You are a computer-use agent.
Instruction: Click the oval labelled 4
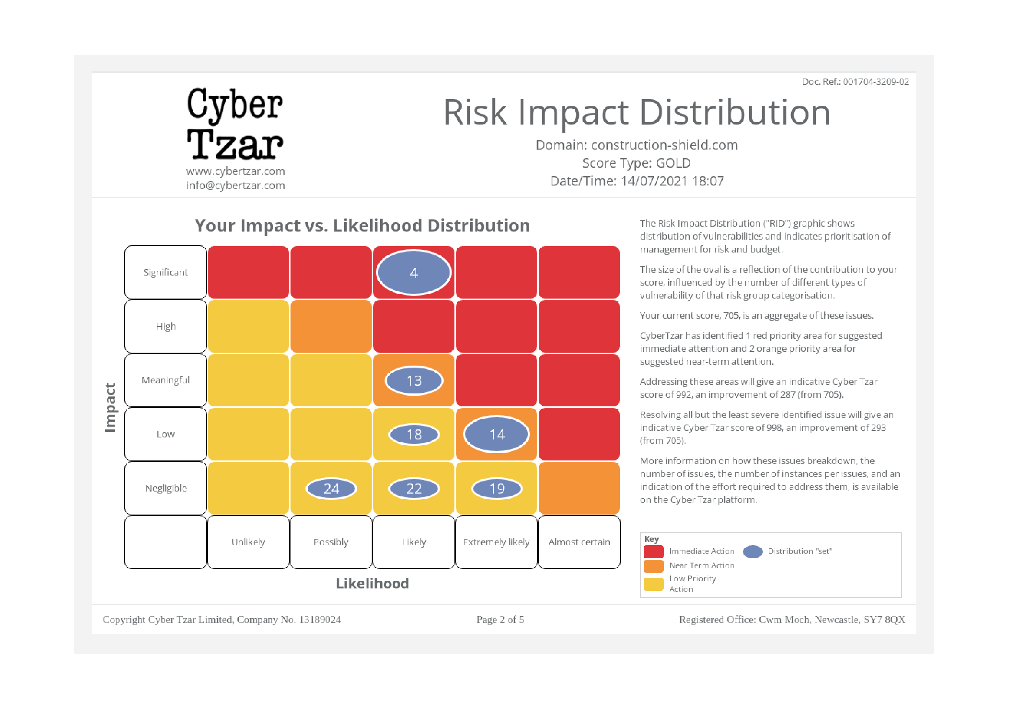coord(414,272)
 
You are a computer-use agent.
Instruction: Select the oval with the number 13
coord(414,381)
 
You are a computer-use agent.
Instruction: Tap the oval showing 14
coord(496,434)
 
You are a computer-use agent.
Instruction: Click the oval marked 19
coord(496,488)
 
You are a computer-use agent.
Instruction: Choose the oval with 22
coord(414,488)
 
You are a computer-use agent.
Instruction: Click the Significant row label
coord(166,272)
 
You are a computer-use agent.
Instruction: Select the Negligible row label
coord(166,488)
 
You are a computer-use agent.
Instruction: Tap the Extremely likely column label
coord(496,542)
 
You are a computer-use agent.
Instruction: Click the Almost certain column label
coord(579,542)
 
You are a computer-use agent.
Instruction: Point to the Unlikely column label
coord(248,542)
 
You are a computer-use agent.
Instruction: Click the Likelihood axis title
coord(372,583)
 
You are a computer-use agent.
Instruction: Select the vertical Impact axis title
coord(110,407)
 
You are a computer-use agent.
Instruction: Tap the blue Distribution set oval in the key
coord(753,551)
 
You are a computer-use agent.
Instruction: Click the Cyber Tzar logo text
coord(235,124)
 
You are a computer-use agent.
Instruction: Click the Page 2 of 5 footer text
coord(500,620)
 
